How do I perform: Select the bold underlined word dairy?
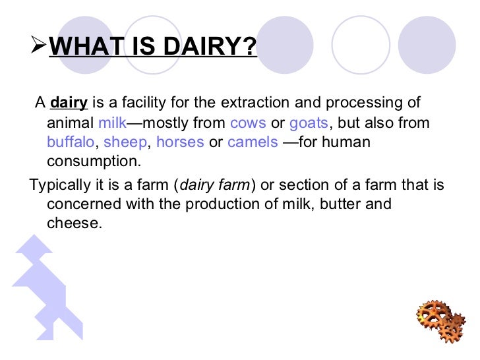[x=69, y=103]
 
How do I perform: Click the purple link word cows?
[x=249, y=123]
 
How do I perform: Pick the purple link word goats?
[x=309, y=123]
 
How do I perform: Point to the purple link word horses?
[x=180, y=142]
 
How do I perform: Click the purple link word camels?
[x=253, y=142]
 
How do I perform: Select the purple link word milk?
[x=111, y=123]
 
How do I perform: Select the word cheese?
[x=74, y=224]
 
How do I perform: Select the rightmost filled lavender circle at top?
[x=427, y=45]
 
